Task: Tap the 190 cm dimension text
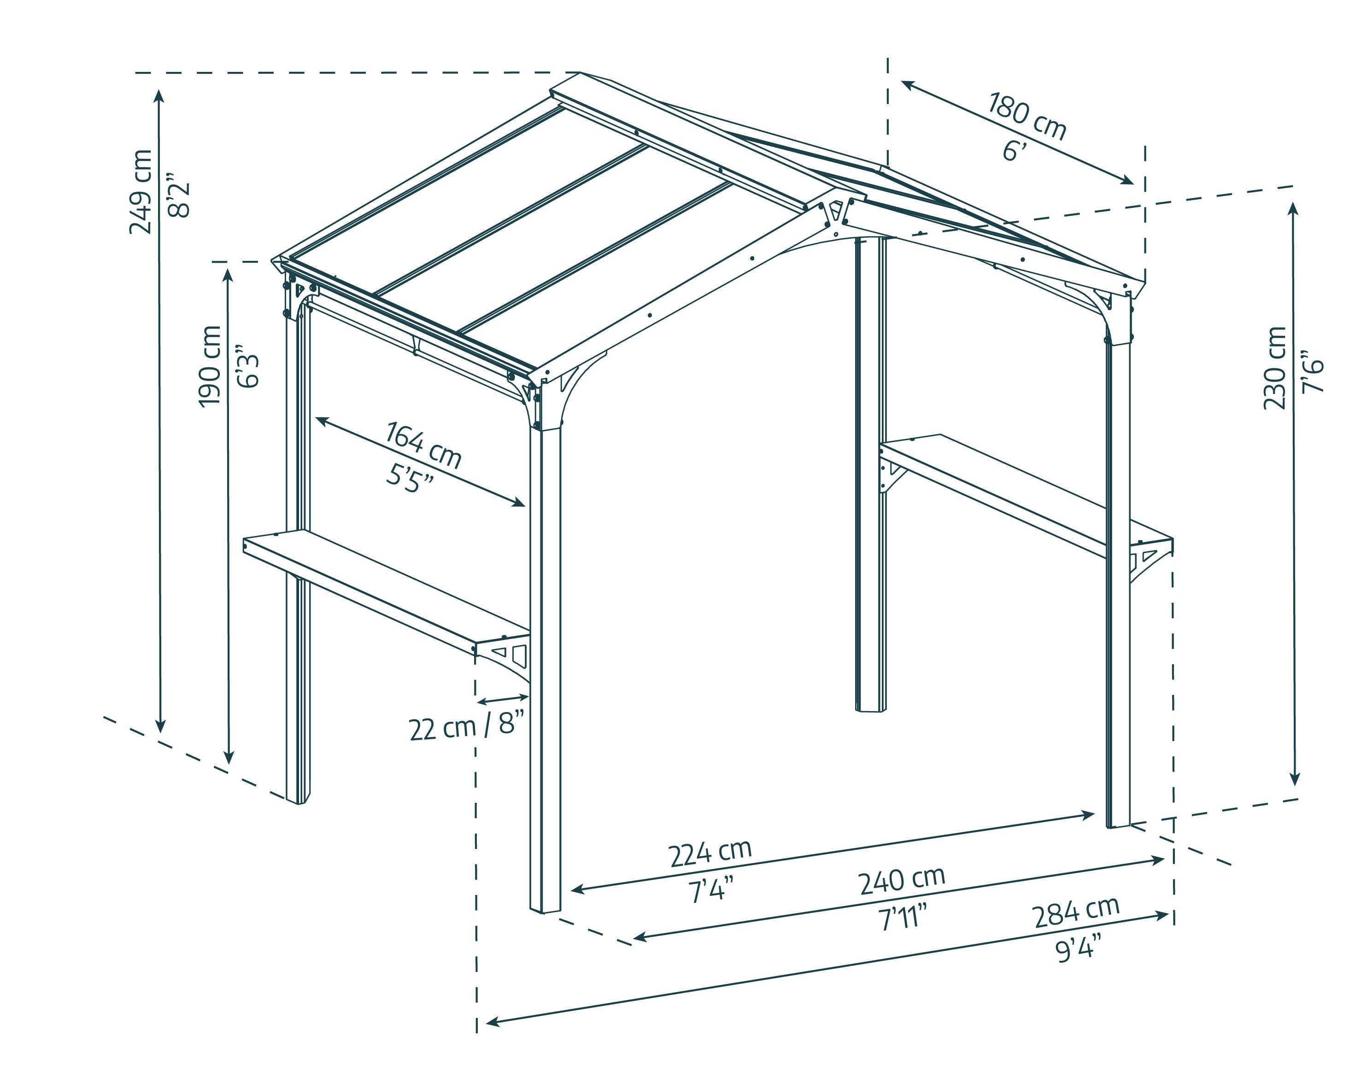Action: [x=210, y=366]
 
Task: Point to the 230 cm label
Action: [x=1275, y=368]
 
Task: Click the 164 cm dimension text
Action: [x=423, y=446]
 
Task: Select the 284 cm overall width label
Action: [x=1076, y=913]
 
